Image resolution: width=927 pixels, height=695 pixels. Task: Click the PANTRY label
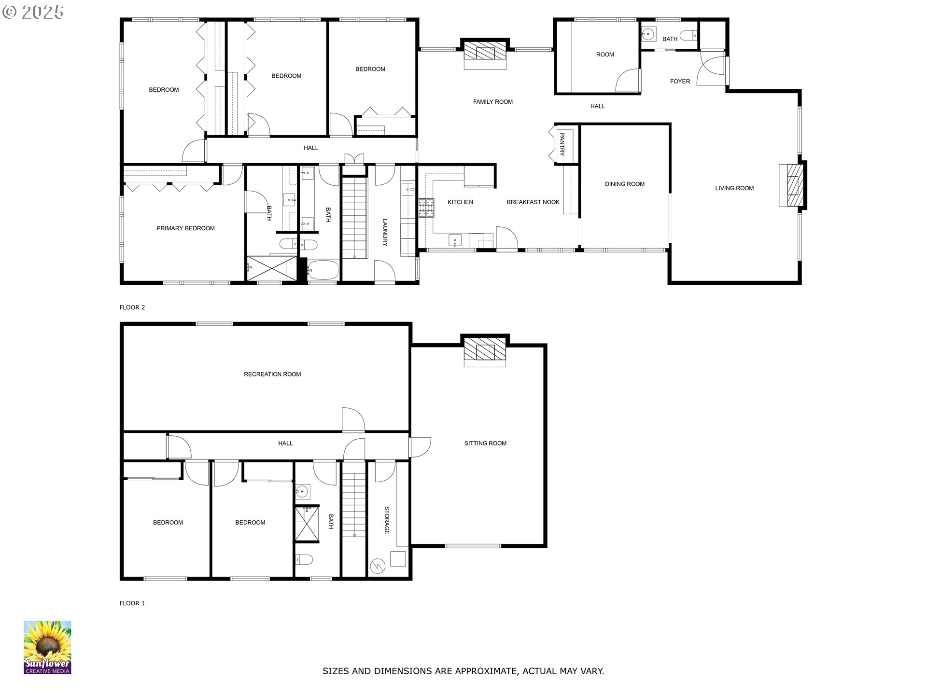[562, 145]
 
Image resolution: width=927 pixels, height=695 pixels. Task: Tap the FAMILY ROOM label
[492, 102]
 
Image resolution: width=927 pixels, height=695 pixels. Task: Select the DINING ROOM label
[625, 184]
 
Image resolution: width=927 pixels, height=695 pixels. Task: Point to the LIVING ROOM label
[734, 188]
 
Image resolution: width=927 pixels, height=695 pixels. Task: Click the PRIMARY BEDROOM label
[185, 228]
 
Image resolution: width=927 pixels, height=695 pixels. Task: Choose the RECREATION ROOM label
[272, 374]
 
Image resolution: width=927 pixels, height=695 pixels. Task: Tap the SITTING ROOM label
[485, 443]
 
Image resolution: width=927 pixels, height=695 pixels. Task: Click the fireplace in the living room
[792, 185]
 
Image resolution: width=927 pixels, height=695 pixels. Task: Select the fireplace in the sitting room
[485, 350]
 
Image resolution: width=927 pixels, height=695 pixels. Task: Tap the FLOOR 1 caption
[132, 603]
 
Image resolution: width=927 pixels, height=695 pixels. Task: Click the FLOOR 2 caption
[132, 307]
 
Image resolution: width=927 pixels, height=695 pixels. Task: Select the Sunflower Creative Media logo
[47, 647]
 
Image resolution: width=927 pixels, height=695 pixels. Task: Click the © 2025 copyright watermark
[33, 12]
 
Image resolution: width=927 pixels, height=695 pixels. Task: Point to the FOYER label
[680, 82]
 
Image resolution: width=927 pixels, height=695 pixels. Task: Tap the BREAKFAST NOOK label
[533, 202]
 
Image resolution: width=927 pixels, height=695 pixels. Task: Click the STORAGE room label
[387, 520]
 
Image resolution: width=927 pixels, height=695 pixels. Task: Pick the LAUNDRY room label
[385, 233]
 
